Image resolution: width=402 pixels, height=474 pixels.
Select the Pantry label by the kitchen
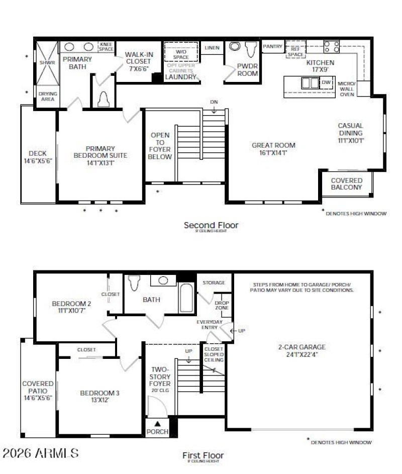click(x=273, y=46)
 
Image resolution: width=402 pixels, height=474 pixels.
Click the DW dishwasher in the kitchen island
click(x=326, y=82)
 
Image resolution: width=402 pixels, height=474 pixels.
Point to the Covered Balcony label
click(x=346, y=183)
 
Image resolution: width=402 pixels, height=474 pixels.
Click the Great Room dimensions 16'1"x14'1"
click(x=273, y=152)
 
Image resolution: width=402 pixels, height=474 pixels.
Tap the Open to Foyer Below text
click(x=160, y=146)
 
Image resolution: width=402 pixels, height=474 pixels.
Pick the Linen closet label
click(x=212, y=48)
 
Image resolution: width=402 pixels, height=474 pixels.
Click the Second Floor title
click(x=211, y=225)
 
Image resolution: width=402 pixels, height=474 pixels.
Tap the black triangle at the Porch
click(x=157, y=423)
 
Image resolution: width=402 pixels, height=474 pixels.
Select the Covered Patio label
click(x=38, y=390)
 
